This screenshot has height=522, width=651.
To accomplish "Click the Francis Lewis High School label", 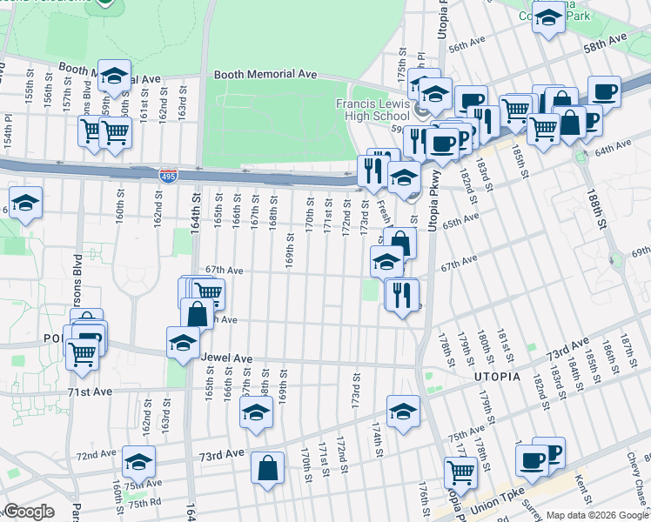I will click(372, 109).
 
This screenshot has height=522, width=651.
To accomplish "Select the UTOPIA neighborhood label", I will click(496, 377).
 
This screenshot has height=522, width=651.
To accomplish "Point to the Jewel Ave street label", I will click(226, 358).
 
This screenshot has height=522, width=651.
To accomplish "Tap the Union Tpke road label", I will click(492, 508).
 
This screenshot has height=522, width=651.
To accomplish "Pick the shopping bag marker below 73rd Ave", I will click(267, 468).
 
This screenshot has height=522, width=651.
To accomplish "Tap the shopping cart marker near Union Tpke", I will click(460, 472).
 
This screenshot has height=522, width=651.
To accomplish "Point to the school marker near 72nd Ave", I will click(138, 461).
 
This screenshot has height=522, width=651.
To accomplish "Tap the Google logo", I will click(29, 511).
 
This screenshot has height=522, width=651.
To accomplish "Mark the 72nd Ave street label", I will click(96, 454).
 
